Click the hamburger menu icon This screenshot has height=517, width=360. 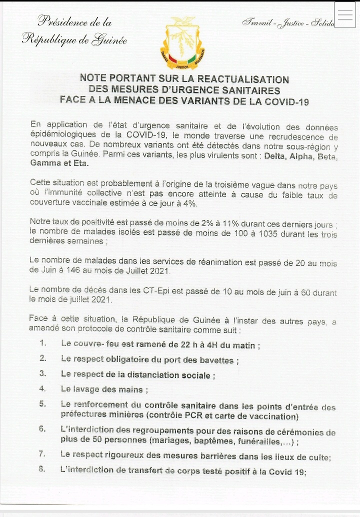[x=345, y=15]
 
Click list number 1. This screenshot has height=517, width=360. [x=43, y=343]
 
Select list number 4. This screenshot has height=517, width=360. [x=42, y=388]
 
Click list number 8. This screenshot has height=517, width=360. [x=42, y=469]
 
